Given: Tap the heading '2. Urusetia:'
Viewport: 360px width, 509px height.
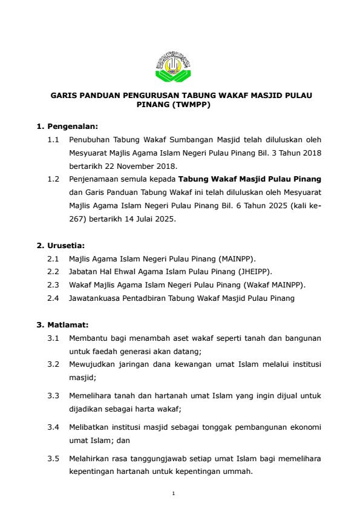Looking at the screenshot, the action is [61, 245].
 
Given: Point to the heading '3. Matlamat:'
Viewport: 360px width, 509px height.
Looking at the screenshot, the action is [64, 324].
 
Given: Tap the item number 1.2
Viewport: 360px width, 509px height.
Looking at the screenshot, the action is [53, 180].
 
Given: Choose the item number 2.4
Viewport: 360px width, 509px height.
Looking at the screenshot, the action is [53, 298].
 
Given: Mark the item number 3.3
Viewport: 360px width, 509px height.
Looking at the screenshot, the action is [53, 395].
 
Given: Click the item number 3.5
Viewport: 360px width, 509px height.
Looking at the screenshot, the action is [53, 458].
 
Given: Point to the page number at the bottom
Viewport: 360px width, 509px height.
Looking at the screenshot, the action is [173, 493].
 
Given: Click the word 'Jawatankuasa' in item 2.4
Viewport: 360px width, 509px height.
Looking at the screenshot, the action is [94, 298].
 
